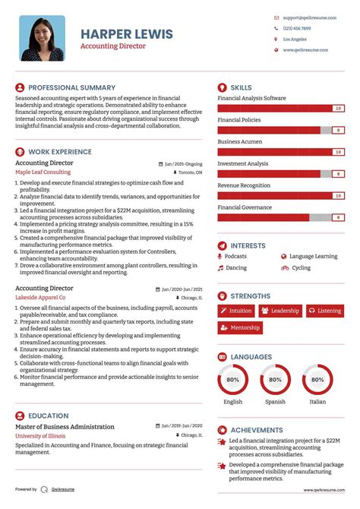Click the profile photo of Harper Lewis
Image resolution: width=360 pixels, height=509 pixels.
pyautogui.click(x=43, y=39)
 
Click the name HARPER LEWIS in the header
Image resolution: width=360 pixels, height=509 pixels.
pyautogui.click(x=127, y=35)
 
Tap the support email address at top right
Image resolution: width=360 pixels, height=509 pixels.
pyautogui.click(x=306, y=17)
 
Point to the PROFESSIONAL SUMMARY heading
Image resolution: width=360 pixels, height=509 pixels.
pyautogui.click(x=71, y=88)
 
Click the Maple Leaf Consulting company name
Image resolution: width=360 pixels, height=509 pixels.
pyautogui.click(x=43, y=172)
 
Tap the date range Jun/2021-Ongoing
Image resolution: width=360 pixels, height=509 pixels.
pyautogui.click(x=183, y=164)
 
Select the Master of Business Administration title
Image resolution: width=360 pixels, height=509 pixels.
pyautogui.click(x=65, y=427)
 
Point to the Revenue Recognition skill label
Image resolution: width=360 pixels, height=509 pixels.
pyautogui.click(x=244, y=185)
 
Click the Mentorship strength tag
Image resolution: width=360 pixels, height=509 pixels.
pyautogui.click(x=240, y=328)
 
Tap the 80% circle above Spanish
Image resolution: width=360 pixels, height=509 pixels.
pyautogui.click(x=275, y=379)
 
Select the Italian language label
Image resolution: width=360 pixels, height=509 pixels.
pyautogui.click(x=317, y=402)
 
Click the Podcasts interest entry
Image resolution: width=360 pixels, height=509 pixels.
pyautogui.click(x=235, y=257)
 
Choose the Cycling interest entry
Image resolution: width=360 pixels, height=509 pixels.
pyautogui.click(x=301, y=267)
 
